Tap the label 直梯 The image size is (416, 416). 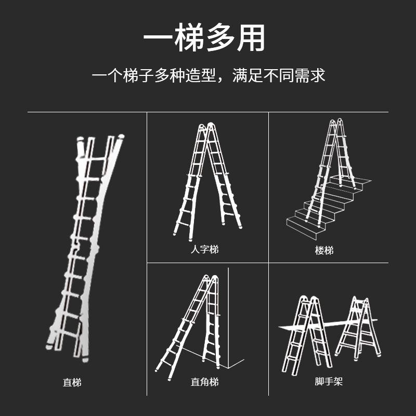[72, 383]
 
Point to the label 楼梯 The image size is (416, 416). [324, 251]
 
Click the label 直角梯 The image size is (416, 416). [204, 382]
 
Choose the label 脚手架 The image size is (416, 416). [329, 382]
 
